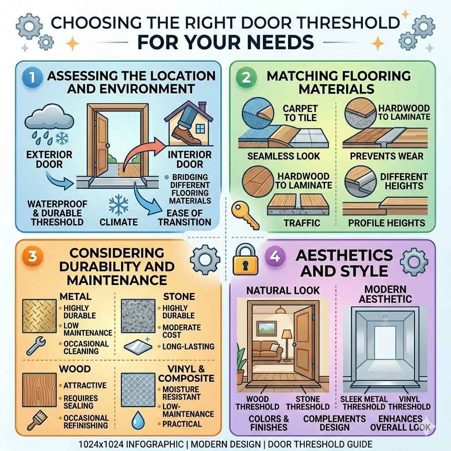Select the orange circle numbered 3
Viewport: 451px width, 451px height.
(x=31, y=257)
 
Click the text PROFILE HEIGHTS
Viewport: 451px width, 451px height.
(x=387, y=223)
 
